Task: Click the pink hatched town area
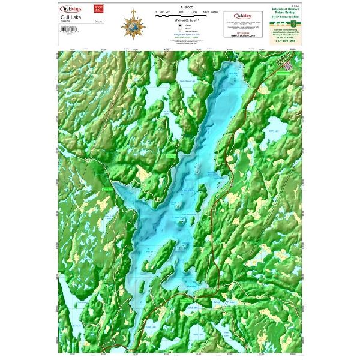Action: tap(290, 59)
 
